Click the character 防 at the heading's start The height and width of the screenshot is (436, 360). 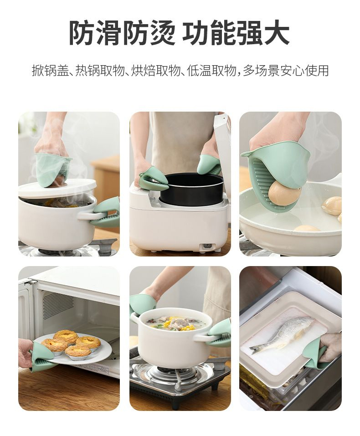(82, 33)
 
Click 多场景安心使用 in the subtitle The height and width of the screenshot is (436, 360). (286, 71)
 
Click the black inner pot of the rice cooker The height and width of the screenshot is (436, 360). (192, 188)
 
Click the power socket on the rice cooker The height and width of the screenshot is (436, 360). (207, 246)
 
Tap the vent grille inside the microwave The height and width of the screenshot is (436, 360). (57, 301)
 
